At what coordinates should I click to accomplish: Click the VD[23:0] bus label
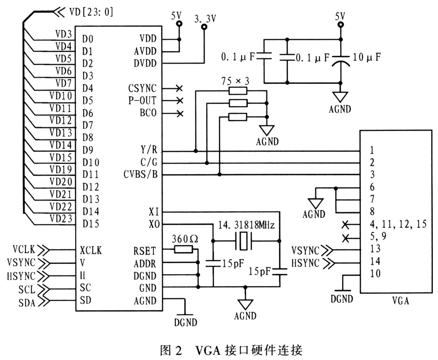(91, 12)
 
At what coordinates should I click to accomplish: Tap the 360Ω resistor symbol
(183, 249)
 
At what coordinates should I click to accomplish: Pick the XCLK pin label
(91, 250)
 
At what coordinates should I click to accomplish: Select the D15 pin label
(91, 224)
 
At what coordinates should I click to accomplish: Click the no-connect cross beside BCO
(180, 114)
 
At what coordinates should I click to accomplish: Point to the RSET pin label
(145, 250)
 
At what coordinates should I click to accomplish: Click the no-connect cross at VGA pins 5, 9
(345, 238)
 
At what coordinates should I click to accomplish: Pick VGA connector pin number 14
(375, 262)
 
